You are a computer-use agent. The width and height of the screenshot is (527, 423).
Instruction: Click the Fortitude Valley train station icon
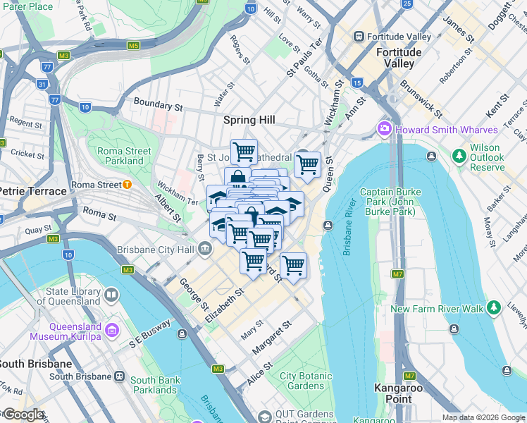coord(359,37)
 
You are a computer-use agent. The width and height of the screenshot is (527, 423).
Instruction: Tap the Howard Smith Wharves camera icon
coord(385,129)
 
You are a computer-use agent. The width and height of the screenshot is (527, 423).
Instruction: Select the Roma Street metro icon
coord(127,185)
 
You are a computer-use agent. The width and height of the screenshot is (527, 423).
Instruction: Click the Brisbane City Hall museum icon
coord(205,248)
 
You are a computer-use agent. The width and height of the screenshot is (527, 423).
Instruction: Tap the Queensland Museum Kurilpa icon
coord(111,329)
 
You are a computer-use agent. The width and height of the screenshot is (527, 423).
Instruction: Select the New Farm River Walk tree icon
coord(494,308)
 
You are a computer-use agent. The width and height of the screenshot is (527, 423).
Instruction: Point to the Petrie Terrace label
coord(33,191)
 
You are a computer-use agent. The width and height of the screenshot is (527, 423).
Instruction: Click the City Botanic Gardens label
coord(306,381)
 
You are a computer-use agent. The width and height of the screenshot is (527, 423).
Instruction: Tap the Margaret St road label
coord(271,337)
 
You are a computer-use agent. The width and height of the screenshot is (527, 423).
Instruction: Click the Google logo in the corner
coord(23,415)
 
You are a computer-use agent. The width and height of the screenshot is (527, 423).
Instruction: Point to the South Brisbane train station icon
coord(120,376)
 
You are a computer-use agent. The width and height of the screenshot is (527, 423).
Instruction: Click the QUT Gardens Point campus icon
coord(264,417)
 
